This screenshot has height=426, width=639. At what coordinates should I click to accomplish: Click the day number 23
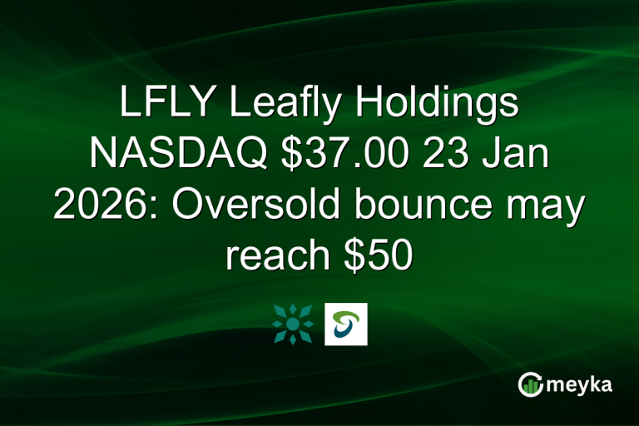(x=446, y=156)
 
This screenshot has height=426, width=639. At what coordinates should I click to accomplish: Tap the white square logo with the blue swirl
(x=346, y=324)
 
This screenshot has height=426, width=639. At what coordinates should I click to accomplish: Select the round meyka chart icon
(x=529, y=384)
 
